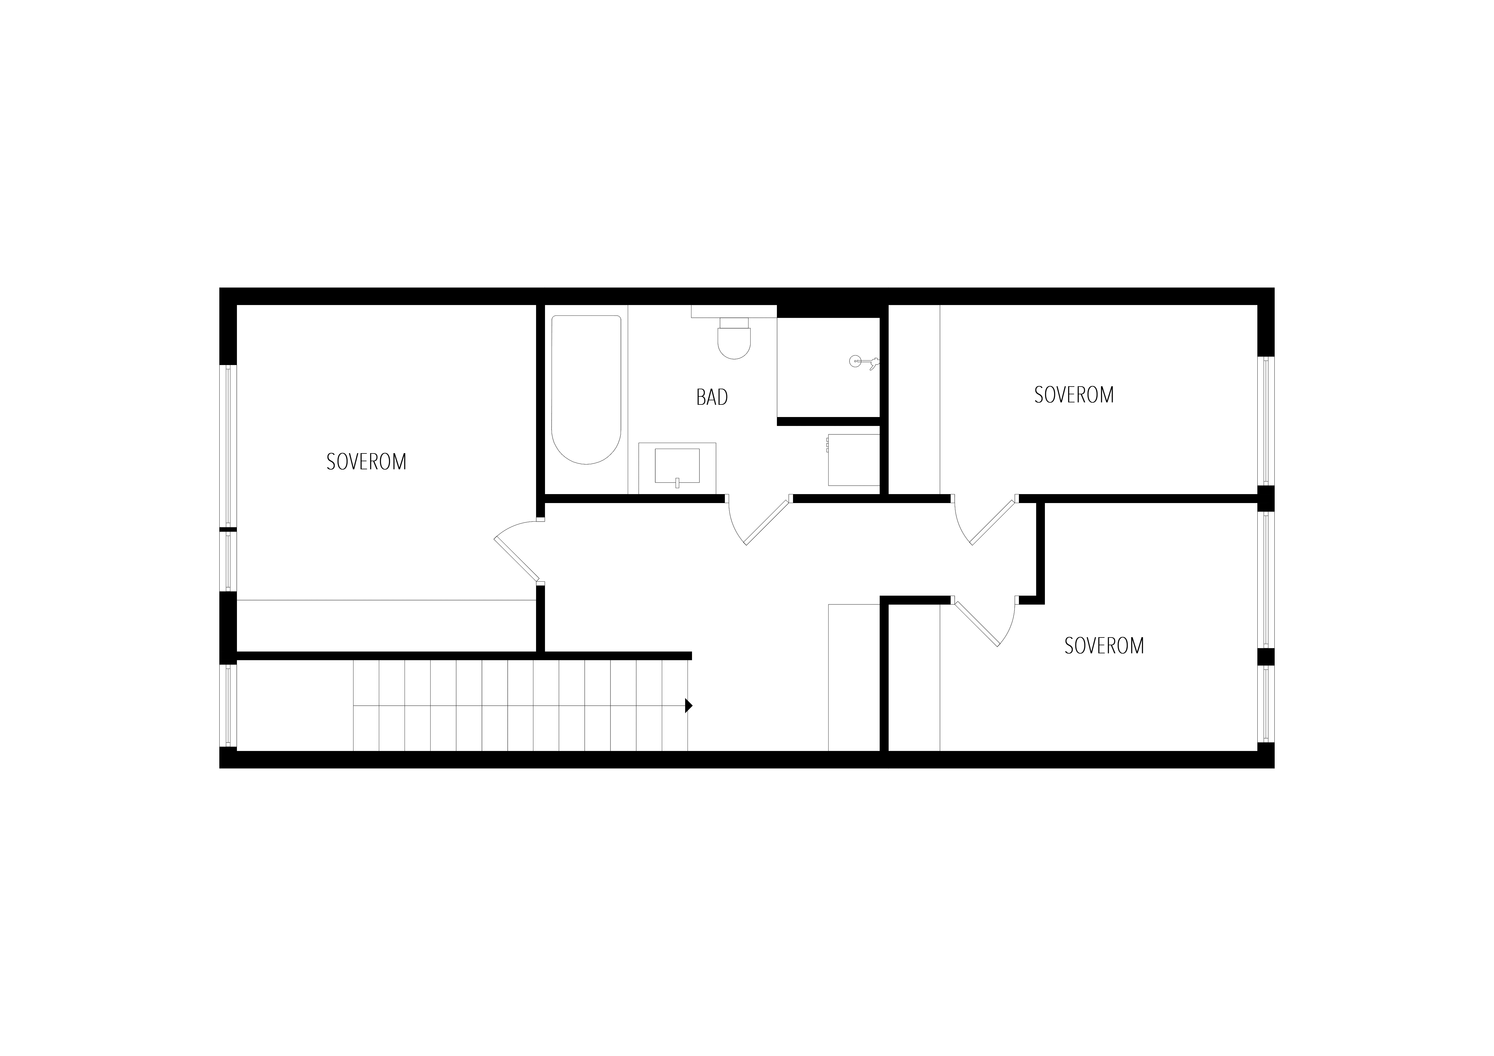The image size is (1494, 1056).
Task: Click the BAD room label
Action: coord(712,397)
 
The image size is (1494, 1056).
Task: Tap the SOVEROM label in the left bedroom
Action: coord(366,461)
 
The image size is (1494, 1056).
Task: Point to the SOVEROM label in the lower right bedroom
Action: coord(1104,646)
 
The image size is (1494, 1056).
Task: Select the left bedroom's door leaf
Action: coord(517,558)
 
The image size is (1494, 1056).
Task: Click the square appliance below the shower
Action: coord(853,460)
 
